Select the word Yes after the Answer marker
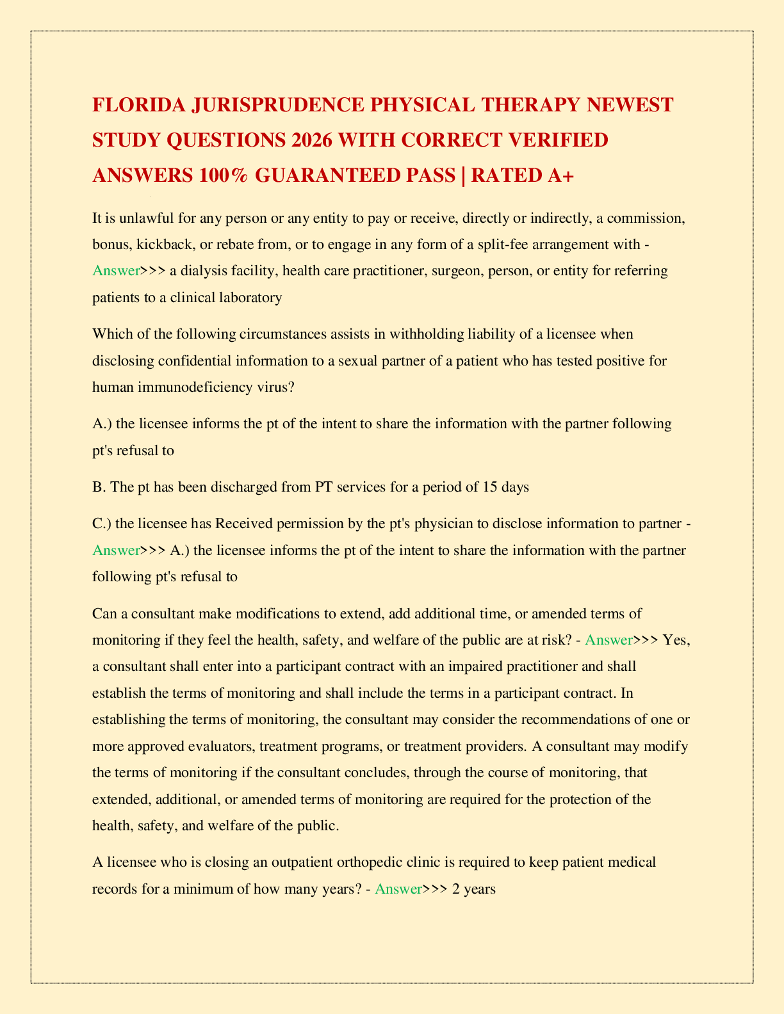point(676,640)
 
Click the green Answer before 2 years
point(398,889)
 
